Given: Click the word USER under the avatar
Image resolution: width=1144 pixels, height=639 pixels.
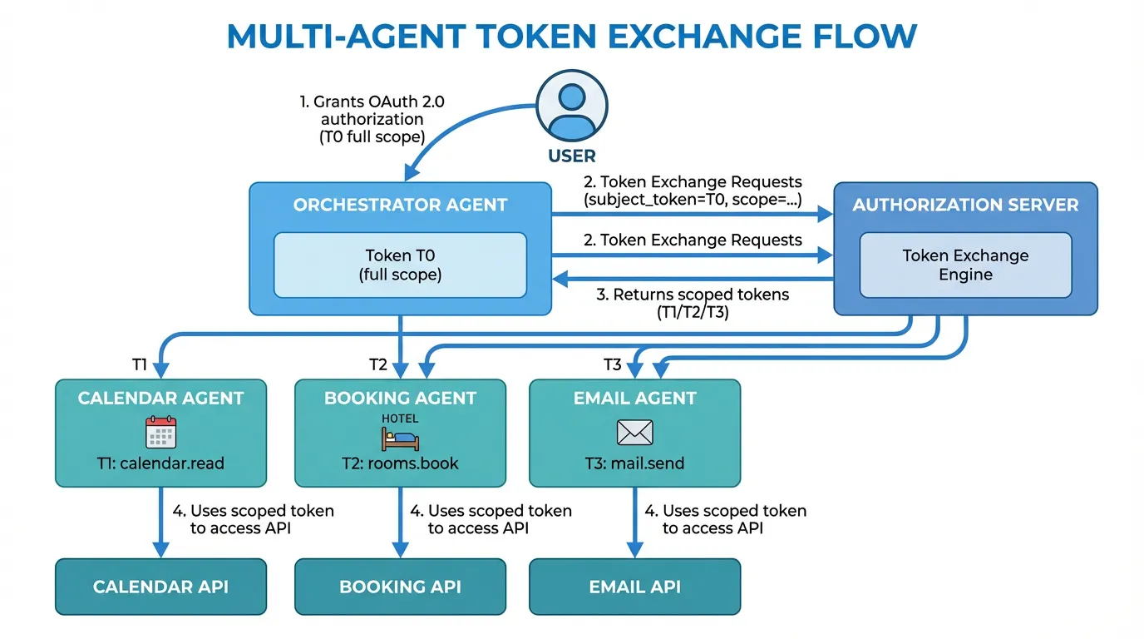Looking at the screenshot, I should click(572, 156).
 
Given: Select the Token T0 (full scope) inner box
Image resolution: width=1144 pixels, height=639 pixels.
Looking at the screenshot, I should click(400, 265).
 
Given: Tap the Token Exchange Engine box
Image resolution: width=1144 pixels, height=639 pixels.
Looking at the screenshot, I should click(965, 265).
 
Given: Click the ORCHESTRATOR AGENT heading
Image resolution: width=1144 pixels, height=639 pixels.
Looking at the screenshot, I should click(400, 206).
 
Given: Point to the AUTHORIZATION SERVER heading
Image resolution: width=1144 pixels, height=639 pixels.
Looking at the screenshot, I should click(965, 206).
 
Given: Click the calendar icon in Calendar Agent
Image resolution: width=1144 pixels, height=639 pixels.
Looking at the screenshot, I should click(160, 433).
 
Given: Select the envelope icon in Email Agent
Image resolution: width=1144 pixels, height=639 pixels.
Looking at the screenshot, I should click(634, 433).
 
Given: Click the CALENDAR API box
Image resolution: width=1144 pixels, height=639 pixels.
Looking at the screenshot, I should click(160, 587).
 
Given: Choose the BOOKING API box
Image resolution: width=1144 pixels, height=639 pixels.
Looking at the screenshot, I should click(400, 587).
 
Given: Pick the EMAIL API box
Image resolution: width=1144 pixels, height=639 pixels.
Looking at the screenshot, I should click(634, 587).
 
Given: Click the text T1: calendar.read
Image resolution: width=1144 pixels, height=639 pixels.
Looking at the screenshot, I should click(160, 463).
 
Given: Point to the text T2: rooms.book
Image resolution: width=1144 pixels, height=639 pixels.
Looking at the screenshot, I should click(400, 463).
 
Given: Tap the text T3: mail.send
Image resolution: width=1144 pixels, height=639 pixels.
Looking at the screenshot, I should click(634, 463).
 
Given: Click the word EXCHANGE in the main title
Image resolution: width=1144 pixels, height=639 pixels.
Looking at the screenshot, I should click(658, 37).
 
